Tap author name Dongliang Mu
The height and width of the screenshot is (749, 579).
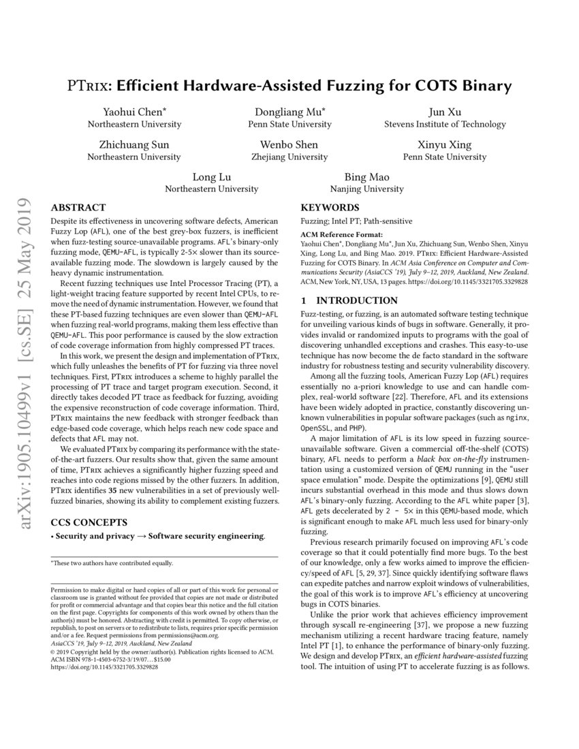pyautogui.click(x=289, y=112)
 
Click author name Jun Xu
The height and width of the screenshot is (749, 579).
pyautogui.click(x=445, y=112)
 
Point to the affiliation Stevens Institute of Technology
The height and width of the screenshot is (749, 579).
pyautogui.click(x=445, y=125)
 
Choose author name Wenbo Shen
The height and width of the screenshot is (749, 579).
pyautogui.click(x=289, y=145)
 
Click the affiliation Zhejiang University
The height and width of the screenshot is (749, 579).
pyautogui.click(x=289, y=157)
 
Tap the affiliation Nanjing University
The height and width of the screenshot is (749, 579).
pyautogui.click(x=367, y=189)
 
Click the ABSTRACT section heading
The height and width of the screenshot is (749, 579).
pyautogui.click(x=79, y=208)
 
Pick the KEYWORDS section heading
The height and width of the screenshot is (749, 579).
pyautogui.click(x=330, y=208)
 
